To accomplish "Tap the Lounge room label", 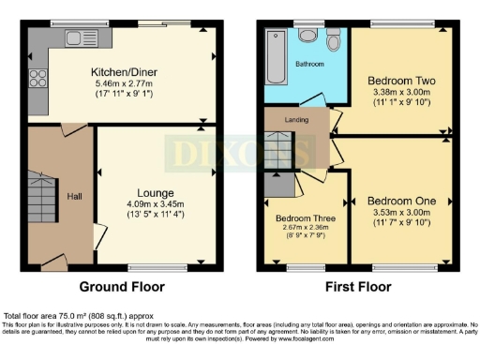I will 155,192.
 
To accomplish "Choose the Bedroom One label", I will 398,201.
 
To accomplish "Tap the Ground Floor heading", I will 122,287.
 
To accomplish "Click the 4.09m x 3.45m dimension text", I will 155,204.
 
